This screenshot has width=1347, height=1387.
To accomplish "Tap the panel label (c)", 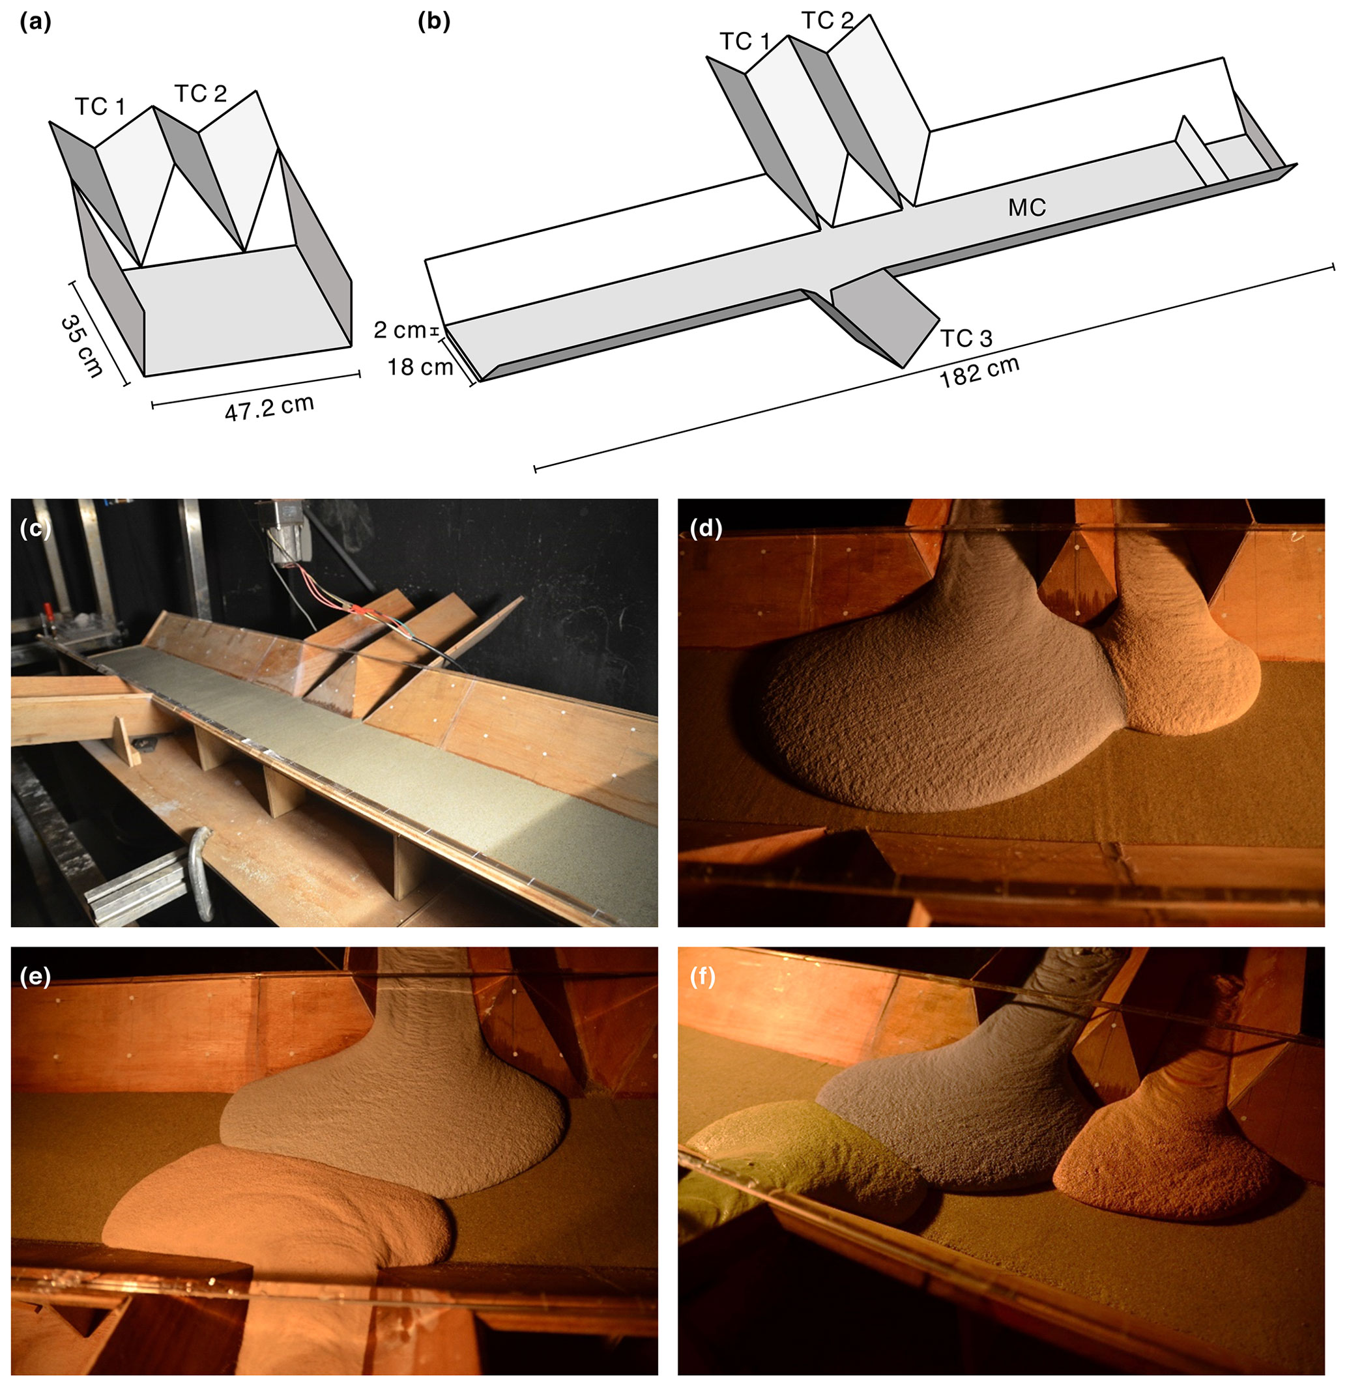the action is (35, 528).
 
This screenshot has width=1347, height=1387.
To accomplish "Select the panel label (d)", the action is (706, 528).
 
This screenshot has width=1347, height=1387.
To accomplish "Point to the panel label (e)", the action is (35, 977).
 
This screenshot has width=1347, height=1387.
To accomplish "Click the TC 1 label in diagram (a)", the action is (100, 106).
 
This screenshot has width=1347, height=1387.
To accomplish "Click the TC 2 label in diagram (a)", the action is (200, 93).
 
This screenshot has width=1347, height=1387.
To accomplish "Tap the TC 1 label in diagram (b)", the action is (745, 42).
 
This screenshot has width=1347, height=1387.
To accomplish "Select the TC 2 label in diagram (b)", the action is (828, 21).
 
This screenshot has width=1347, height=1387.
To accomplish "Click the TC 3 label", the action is (966, 338).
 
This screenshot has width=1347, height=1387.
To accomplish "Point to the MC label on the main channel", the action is (1027, 207).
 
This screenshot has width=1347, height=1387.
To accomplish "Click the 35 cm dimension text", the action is (82, 346).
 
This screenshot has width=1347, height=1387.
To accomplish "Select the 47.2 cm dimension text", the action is (269, 408).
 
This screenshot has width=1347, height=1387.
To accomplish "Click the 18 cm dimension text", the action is (420, 367).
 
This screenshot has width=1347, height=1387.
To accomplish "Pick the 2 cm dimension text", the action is (400, 330).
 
